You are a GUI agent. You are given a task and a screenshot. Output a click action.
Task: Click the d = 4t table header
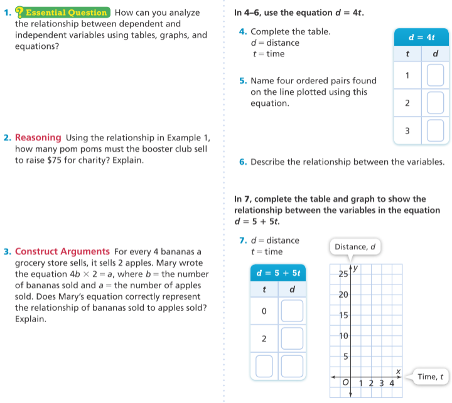point(422,38)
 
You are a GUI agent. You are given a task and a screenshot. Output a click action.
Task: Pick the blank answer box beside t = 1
point(436,76)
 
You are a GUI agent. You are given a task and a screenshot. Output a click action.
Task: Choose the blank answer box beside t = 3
point(436,131)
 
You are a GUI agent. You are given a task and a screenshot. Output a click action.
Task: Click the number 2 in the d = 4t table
point(407,103)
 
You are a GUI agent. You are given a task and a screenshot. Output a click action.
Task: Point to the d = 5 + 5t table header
point(278,273)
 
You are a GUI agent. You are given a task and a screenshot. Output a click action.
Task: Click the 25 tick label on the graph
point(343,274)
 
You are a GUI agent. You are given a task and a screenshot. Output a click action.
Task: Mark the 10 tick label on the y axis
point(343,336)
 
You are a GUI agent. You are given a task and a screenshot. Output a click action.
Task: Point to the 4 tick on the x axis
point(392,382)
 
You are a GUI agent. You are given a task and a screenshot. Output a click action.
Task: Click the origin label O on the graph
point(345,382)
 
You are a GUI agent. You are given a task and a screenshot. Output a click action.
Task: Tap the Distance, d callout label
point(355,247)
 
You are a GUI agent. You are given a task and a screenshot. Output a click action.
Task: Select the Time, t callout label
point(430,377)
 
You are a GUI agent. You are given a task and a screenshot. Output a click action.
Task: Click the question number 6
point(242,162)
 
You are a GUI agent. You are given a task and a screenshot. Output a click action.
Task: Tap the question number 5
point(242,81)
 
